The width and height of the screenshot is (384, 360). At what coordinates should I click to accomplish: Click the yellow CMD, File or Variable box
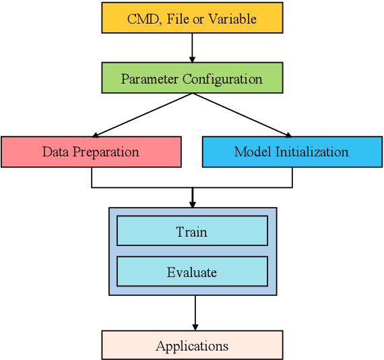point(192,18)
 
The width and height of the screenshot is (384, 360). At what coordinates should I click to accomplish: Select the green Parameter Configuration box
point(192,78)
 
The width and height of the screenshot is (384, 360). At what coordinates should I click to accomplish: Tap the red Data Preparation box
point(91,152)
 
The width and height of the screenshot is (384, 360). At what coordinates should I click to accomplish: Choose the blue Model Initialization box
point(292,152)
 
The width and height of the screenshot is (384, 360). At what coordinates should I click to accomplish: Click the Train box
point(192,231)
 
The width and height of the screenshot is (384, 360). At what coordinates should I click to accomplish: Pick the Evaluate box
point(192,272)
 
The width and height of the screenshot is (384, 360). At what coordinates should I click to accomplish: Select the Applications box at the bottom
point(192,345)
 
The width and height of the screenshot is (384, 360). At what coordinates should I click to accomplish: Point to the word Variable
point(233,18)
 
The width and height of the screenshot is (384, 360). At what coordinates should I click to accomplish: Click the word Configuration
point(222,79)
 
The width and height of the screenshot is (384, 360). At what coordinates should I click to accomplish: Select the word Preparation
point(106,152)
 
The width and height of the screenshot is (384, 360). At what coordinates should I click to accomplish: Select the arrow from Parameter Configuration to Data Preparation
point(141,115)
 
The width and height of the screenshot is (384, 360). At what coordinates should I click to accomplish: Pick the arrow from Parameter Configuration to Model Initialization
point(243,115)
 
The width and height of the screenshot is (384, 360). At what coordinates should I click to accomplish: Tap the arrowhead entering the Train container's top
point(192,203)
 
